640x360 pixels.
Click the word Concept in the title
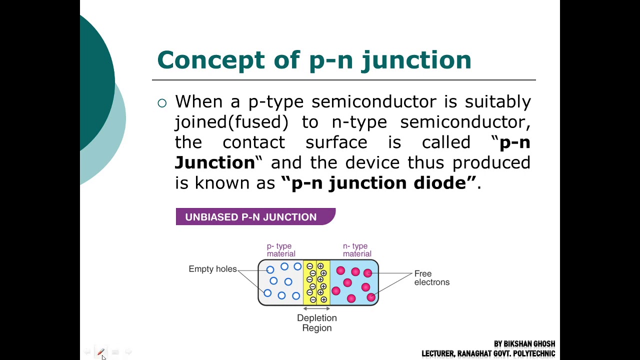click(210, 60)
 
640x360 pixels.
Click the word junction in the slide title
click(416, 60)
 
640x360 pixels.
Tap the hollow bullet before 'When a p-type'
click(162, 103)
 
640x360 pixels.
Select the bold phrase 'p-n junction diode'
click(378, 182)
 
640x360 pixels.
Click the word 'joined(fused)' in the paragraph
click(231, 122)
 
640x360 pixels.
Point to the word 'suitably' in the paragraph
click(497, 102)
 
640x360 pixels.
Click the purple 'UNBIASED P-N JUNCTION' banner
click(255, 217)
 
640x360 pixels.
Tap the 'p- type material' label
click(280, 250)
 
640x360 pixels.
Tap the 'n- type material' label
click(356, 250)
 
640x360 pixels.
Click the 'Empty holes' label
click(212, 269)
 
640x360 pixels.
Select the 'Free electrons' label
click(431, 278)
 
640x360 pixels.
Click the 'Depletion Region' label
click(316, 323)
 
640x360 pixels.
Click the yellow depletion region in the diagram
click(316, 282)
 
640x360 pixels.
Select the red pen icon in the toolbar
click(100, 352)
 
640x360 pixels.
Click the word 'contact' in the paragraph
click(253, 142)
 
